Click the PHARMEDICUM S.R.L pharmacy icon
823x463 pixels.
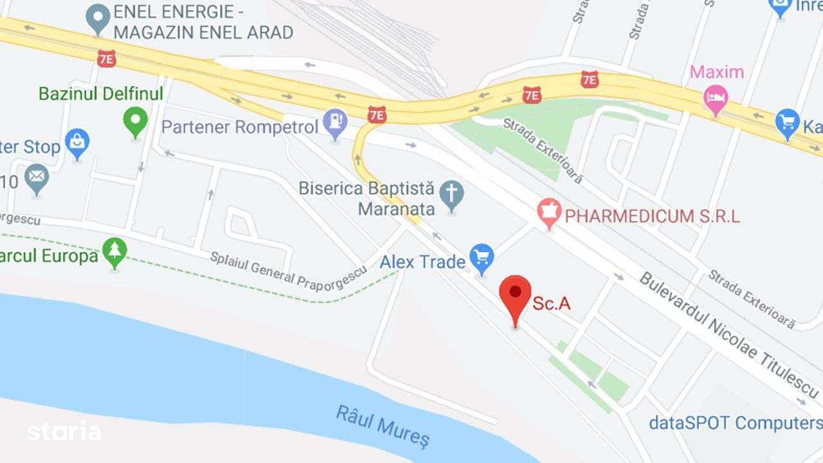click(x=550, y=213)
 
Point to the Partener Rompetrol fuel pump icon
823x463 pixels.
click(x=335, y=123)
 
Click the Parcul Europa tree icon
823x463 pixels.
click(x=115, y=253)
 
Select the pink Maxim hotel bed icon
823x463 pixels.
click(x=716, y=100)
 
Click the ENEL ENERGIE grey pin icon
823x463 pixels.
click(x=98, y=19)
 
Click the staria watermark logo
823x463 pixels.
click(x=64, y=431)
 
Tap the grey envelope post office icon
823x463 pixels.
click(x=37, y=178)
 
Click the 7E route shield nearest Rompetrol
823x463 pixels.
click(x=377, y=115)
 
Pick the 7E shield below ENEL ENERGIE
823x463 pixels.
click(x=107, y=59)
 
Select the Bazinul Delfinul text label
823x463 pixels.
click(x=101, y=93)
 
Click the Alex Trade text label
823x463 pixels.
click(x=422, y=262)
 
